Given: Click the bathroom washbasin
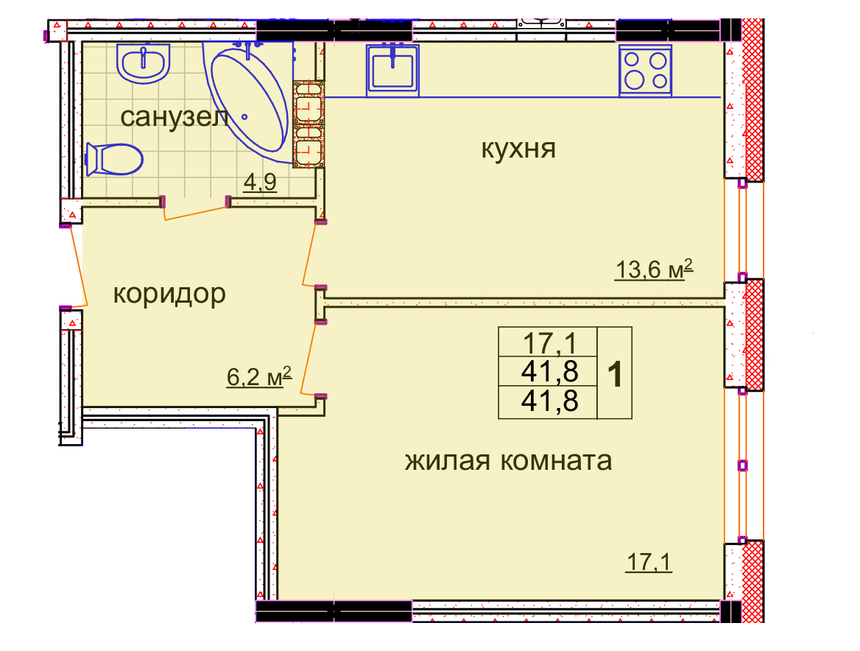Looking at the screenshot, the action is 143,63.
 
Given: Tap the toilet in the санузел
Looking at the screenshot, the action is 114,160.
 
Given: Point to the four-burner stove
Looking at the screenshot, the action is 646,70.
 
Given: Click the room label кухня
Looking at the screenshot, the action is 518,148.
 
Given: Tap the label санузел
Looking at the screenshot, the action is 175,116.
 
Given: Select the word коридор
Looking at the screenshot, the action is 169,294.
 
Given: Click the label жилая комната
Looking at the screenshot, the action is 509,460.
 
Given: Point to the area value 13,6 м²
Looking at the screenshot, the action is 655,269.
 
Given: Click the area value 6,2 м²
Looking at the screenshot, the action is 259,377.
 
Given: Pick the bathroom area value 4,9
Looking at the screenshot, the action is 260,182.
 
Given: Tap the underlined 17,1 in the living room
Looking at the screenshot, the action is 649,562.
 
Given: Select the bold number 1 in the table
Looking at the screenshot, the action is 615,375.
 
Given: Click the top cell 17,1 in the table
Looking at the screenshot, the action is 549,343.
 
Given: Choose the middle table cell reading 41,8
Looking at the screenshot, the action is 549,371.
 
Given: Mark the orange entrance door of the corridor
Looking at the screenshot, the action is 77,266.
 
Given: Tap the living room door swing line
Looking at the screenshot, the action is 309,359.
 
